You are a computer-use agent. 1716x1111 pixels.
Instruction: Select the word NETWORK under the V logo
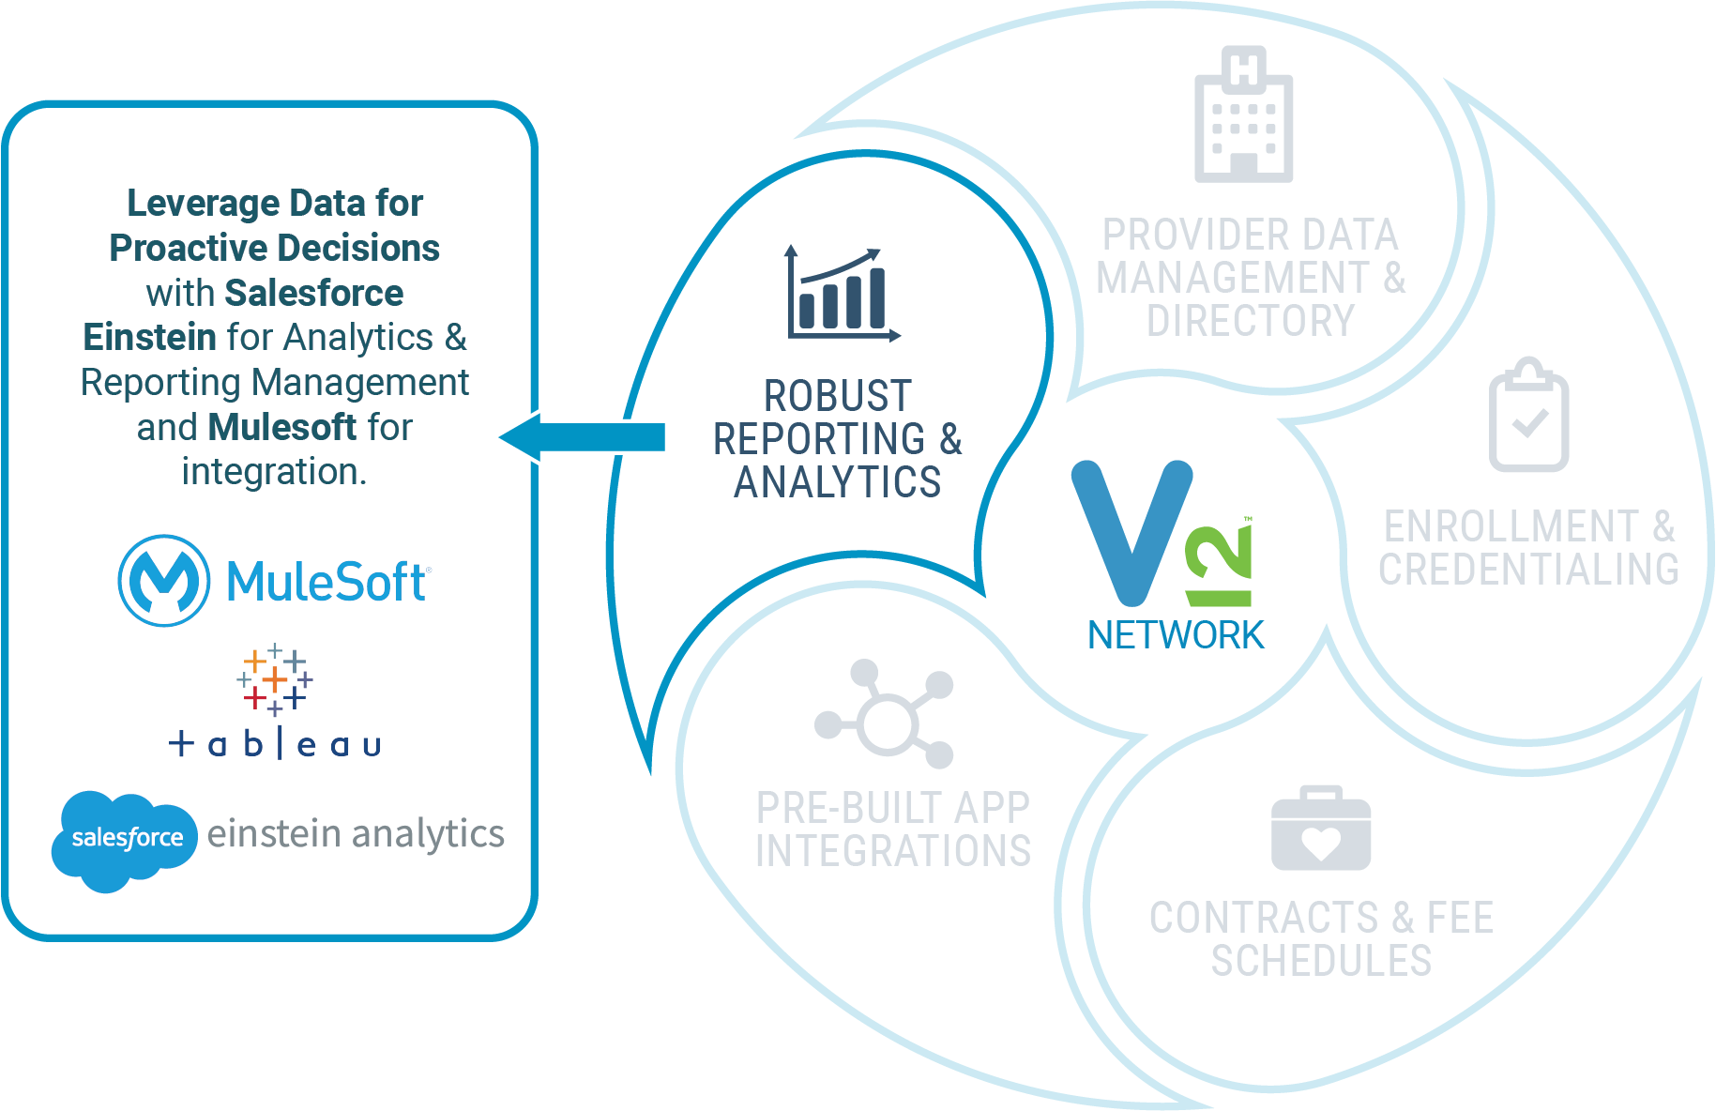point(1175,636)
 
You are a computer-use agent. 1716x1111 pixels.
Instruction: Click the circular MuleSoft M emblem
point(164,581)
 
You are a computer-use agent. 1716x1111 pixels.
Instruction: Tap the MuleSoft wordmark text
point(326,582)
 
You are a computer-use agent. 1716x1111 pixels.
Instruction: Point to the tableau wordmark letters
point(275,745)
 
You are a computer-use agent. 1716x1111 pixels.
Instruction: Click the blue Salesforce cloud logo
point(124,838)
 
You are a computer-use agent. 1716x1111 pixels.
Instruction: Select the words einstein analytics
point(356,833)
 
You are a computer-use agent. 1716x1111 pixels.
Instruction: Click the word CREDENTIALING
point(1528,570)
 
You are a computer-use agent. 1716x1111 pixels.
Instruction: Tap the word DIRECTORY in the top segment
point(1251,321)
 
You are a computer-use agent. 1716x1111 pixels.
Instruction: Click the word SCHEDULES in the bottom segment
point(1321,961)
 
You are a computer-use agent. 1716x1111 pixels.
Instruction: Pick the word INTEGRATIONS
point(893,851)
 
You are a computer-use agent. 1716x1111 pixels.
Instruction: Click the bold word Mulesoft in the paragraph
point(282,428)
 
